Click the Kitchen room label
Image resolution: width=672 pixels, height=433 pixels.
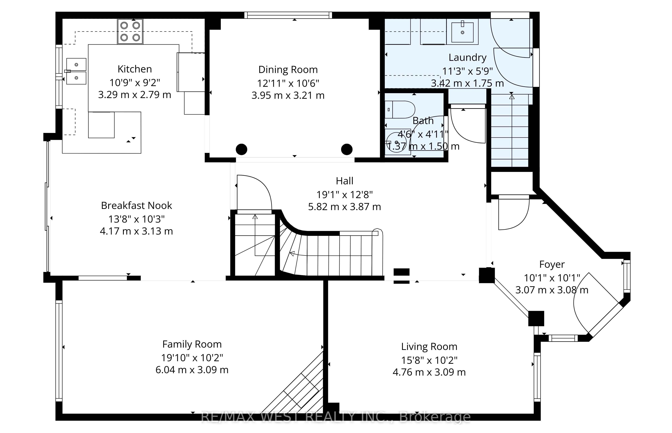(x=135, y=69)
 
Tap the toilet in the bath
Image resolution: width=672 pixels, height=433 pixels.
(x=400, y=109)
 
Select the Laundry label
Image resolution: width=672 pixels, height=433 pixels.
(x=467, y=57)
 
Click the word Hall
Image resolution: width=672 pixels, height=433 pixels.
(x=345, y=181)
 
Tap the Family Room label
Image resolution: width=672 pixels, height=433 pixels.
(x=192, y=344)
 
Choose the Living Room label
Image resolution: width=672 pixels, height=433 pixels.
(x=429, y=347)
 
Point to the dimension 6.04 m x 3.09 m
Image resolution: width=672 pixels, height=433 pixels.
(x=192, y=370)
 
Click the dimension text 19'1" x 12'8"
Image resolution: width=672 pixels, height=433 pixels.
(x=345, y=195)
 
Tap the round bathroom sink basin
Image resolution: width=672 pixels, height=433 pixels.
(x=396, y=143)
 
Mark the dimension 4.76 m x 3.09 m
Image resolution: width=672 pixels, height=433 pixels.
(x=429, y=372)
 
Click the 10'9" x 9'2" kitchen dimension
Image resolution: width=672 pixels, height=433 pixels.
(x=135, y=83)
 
